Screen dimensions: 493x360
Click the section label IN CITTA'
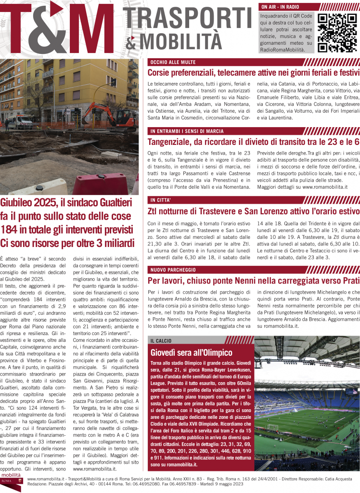[160, 200]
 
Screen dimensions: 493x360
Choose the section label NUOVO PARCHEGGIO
[175, 269]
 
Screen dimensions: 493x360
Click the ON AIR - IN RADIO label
[280, 7]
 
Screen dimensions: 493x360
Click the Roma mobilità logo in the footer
[13, 483]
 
